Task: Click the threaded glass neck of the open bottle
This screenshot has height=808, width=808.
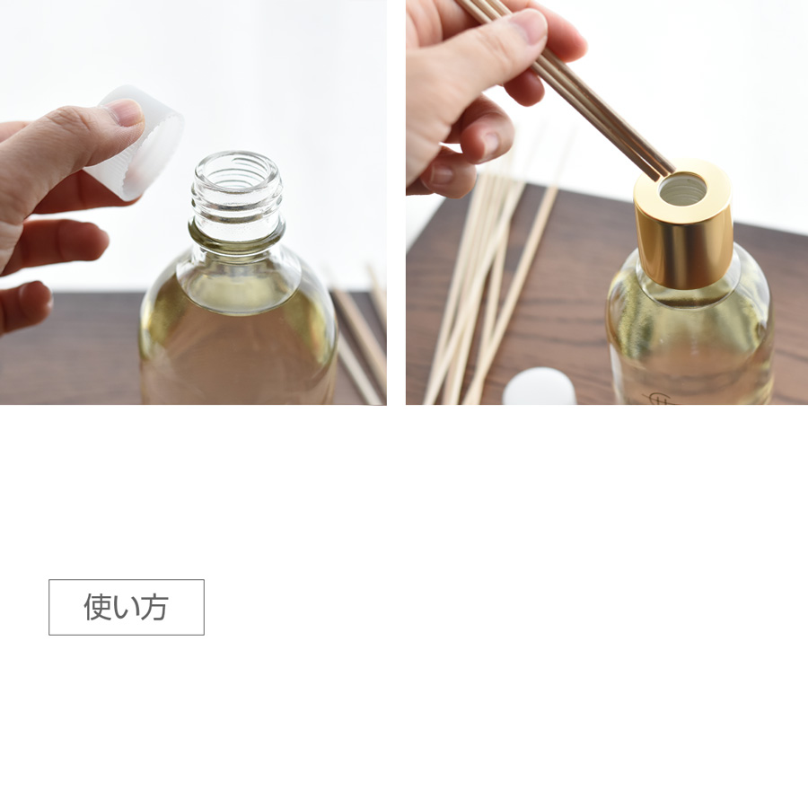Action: coord(237,196)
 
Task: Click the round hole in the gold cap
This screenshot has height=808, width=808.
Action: coord(683,189)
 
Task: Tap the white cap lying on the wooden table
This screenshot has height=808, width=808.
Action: coord(539,388)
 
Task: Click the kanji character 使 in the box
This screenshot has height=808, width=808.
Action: coord(98,607)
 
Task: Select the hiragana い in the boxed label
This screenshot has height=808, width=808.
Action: coord(127,608)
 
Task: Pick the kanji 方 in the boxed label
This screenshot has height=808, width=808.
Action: coord(154,607)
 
